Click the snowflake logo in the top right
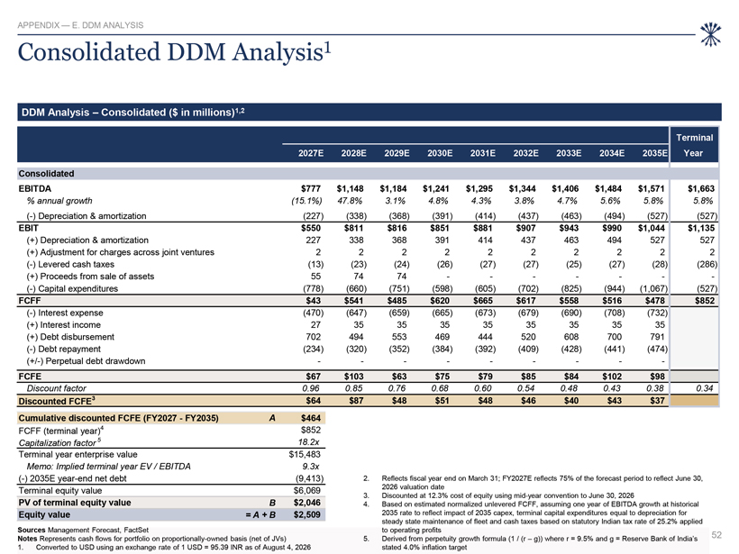tap(710, 34)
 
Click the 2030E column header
tap(440, 153)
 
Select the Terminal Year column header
tap(694, 145)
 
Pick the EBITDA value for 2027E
tap(311, 188)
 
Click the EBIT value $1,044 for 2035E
tap(652, 228)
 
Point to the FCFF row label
tap(29, 301)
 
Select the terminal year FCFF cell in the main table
tap(705, 301)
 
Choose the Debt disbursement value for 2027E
tap(313, 337)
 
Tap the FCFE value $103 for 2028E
tap(353, 377)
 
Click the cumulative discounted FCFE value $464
tap(311, 418)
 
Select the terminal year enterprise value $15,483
tap(305, 455)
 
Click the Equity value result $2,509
tap(306, 515)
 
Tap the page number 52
tap(716, 535)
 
